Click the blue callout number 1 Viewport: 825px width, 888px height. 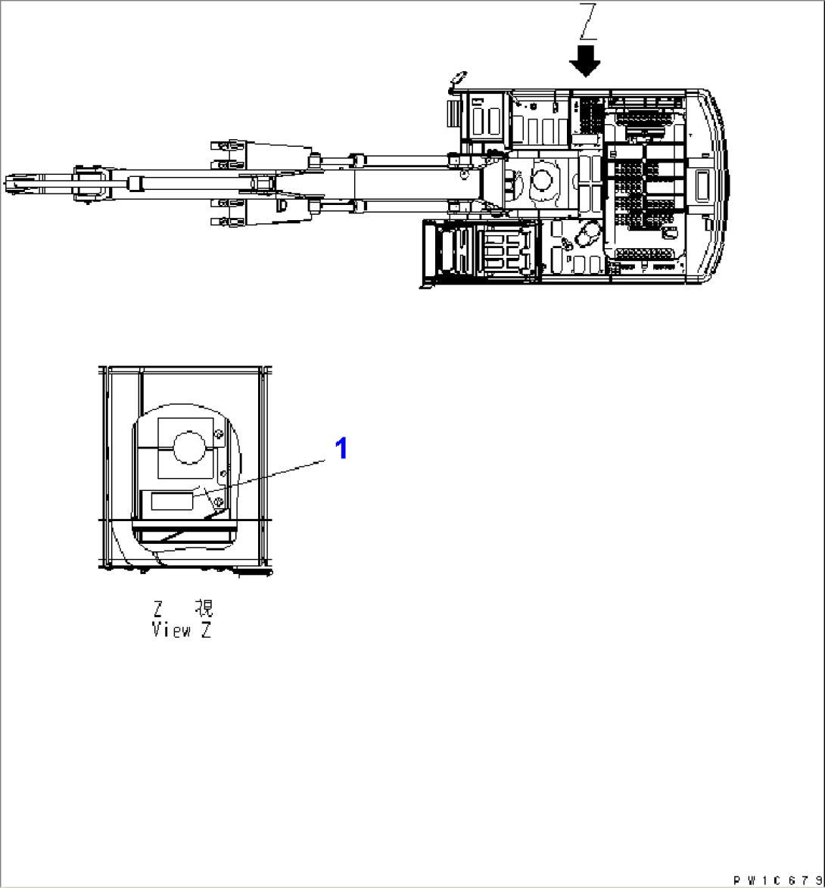(341, 449)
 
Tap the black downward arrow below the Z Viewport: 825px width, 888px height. (585, 61)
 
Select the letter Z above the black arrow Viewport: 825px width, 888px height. (587, 21)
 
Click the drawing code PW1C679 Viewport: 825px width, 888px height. (777, 880)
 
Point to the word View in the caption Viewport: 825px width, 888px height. (172, 630)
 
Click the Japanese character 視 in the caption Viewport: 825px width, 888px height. (204, 608)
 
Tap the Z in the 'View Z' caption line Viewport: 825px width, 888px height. (206, 630)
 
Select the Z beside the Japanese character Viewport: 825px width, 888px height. (158, 609)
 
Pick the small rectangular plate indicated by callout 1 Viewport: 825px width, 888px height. (173, 501)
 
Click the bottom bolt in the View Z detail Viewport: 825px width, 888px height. (219, 501)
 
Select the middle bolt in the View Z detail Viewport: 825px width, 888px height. (223, 472)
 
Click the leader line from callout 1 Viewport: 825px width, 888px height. (260, 479)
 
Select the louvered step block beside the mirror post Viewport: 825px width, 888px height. (453, 113)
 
